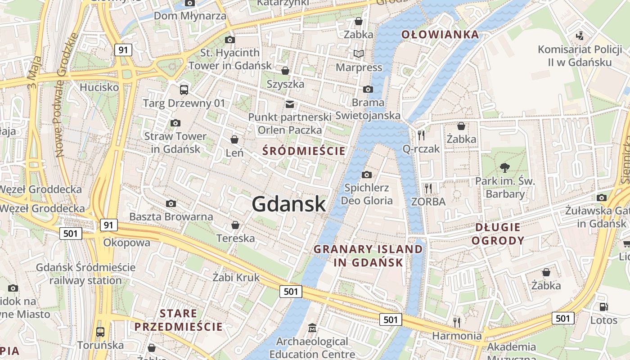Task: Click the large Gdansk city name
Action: click(288, 204)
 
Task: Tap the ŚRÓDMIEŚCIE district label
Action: click(304, 151)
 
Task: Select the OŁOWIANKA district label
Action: click(440, 34)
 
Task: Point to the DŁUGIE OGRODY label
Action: click(498, 234)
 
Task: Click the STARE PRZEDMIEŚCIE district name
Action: click(179, 320)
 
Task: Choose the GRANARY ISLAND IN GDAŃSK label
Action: click(368, 256)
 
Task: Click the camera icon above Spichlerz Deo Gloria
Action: click(367, 175)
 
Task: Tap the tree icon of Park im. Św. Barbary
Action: click(505, 168)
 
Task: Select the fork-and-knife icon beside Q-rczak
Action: click(421, 135)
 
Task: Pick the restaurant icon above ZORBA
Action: click(428, 188)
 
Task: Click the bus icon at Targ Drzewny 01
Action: click(184, 90)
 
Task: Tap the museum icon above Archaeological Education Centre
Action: click(312, 328)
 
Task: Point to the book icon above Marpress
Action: click(359, 54)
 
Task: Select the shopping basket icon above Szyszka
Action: click(285, 71)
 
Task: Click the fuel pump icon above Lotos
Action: click(603, 307)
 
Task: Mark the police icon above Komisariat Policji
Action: click(580, 36)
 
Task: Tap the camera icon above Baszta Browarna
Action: click(171, 203)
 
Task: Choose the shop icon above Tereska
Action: click(235, 225)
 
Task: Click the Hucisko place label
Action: click(99, 87)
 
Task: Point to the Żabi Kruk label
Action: click(236, 277)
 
